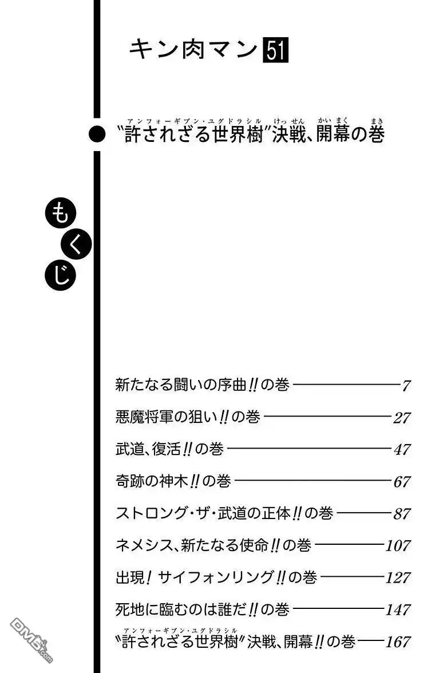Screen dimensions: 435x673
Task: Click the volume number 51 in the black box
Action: point(275,50)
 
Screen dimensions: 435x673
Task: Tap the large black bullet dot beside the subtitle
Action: point(97,134)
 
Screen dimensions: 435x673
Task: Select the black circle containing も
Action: point(61,213)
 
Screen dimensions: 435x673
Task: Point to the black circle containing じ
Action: point(61,275)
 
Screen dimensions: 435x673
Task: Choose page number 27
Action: point(402,418)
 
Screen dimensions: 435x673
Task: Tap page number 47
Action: point(402,449)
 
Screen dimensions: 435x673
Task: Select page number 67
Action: point(402,482)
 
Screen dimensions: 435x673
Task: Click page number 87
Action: point(402,513)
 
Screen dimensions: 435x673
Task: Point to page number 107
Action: point(398,545)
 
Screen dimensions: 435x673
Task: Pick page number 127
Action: point(398,577)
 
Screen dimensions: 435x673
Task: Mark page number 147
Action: point(398,609)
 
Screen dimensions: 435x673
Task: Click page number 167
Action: point(398,642)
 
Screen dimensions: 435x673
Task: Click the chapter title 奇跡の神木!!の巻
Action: point(173,481)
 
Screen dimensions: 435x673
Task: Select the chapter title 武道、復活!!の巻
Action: point(169,449)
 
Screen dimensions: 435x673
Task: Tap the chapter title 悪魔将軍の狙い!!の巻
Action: point(188,417)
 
